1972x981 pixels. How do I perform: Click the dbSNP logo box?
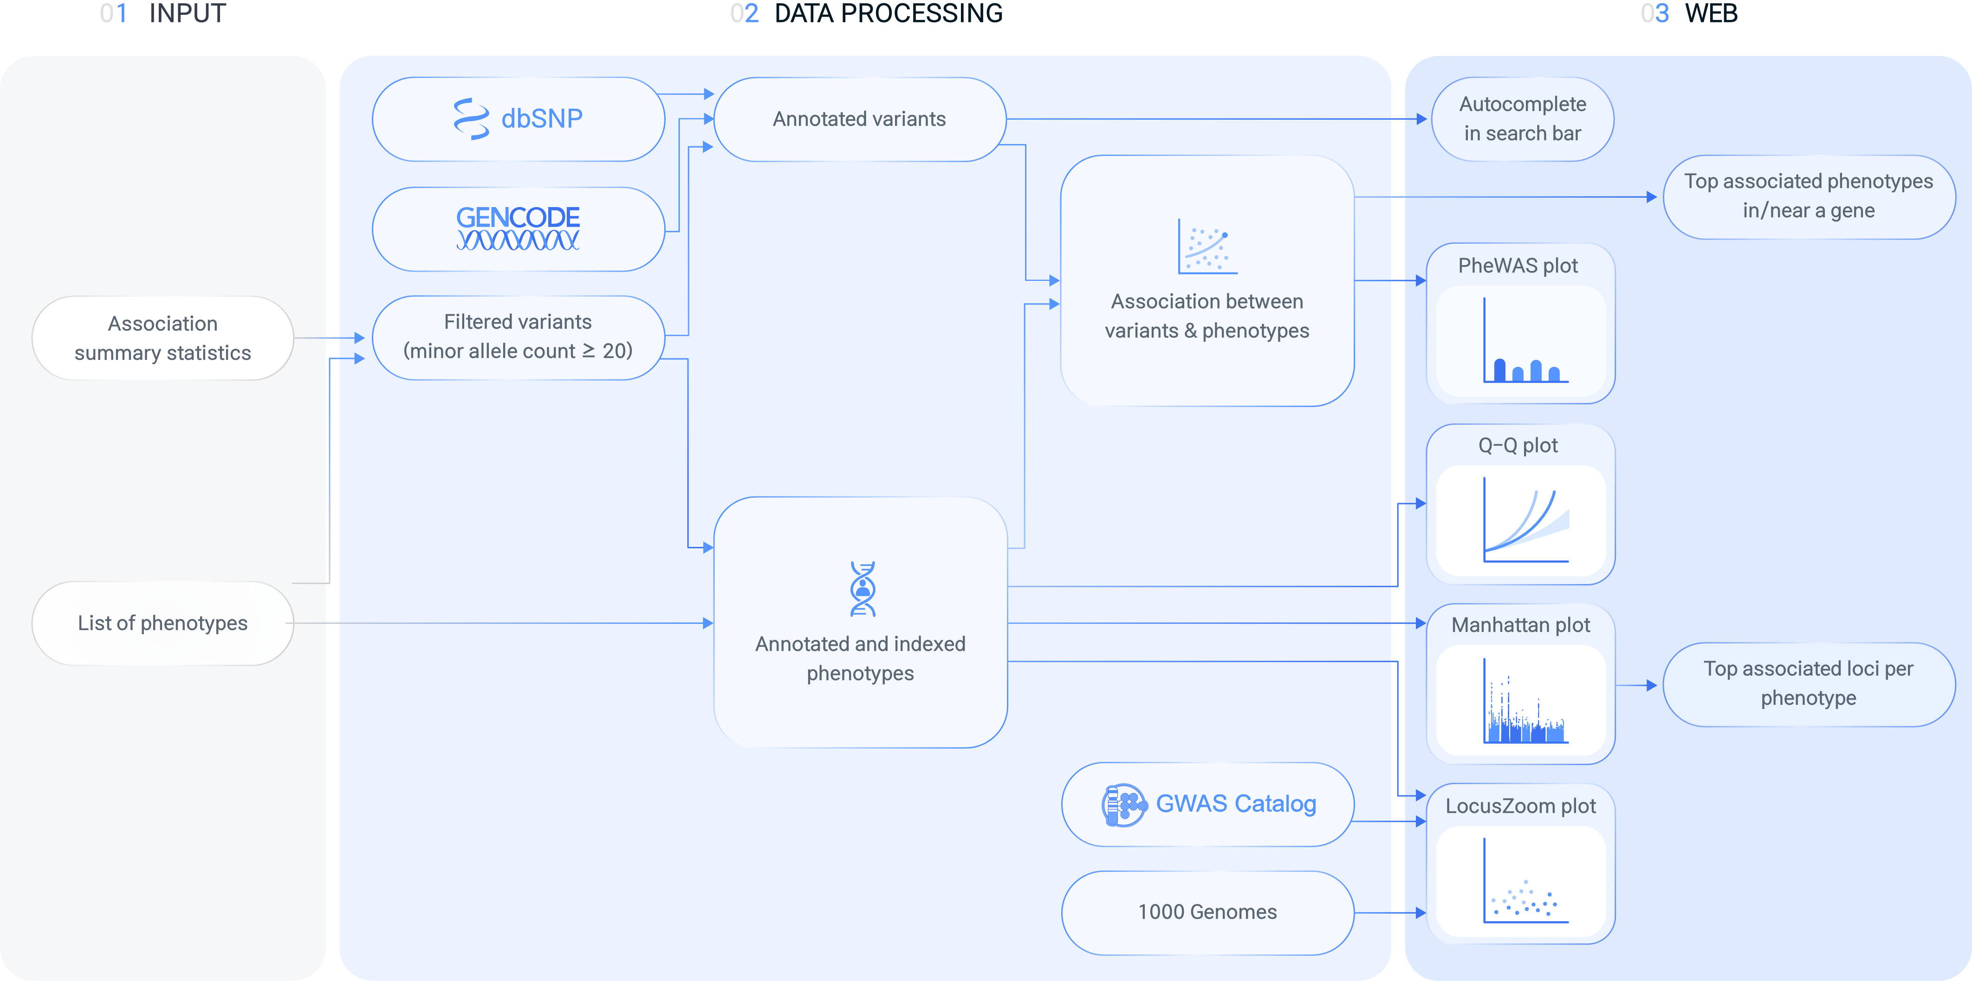[x=518, y=119]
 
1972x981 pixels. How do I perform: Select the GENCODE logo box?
[x=518, y=228]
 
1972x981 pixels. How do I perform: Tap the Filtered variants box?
[x=518, y=337]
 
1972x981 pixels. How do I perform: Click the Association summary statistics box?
[x=162, y=338]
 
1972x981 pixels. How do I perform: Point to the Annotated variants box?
[x=859, y=119]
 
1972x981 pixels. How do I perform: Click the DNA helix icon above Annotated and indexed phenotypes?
[x=863, y=589]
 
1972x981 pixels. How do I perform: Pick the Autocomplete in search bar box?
[x=1522, y=119]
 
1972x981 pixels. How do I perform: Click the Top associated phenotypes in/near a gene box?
[x=1808, y=196]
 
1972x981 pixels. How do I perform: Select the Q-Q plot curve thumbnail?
[x=1521, y=521]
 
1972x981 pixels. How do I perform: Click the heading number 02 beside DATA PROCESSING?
[x=743, y=14]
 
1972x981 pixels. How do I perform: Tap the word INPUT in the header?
[x=188, y=14]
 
